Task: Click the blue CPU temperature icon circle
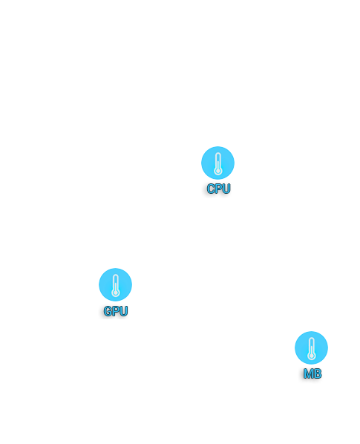pyautogui.click(x=217, y=163)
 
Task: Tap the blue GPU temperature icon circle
pyautogui.click(x=115, y=284)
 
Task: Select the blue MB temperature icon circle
pyautogui.click(x=311, y=347)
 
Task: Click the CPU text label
pyautogui.click(x=218, y=189)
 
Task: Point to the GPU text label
pyautogui.click(x=116, y=311)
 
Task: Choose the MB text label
pyautogui.click(x=312, y=373)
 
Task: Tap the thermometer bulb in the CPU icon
pyautogui.click(x=217, y=171)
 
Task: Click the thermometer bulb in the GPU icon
pyautogui.click(x=115, y=293)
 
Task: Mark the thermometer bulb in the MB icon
pyautogui.click(x=311, y=356)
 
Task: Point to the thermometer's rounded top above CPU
pyautogui.click(x=217, y=154)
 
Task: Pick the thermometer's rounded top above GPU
pyautogui.click(x=115, y=275)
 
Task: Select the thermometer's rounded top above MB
pyautogui.click(x=311, y=339)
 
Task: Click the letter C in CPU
pyautogui.click(x=211, y=189)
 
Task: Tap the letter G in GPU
pyautogui.click(x=108, y=311)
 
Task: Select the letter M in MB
pyautogui.click(x=308, y=373)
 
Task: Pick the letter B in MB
pyautogui.click(x=318, y=373)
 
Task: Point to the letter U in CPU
pyautogui.click(x=226, y=189)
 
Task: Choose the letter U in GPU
pyautogui.click(x=124, y=311)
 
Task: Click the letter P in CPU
pyautogui.click(x=218, y=189)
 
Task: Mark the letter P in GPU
pyautogui.click(x=116, y=311)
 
